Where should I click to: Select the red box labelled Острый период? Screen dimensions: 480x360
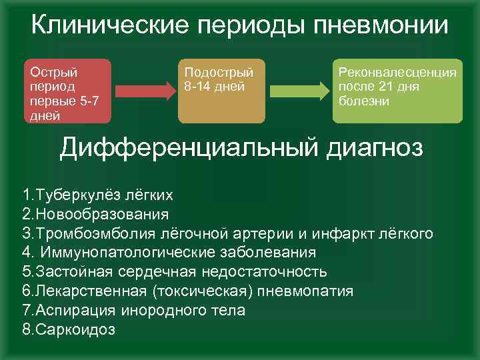point(67,92)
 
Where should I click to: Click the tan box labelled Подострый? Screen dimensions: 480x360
point(221,92)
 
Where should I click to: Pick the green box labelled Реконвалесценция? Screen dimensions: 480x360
point(397,92)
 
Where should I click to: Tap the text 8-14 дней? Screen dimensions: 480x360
point(215,86)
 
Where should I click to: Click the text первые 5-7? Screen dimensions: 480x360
point(60,100)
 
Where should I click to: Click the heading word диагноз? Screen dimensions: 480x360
point(376,147)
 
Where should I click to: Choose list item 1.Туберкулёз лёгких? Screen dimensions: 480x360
point(98,195)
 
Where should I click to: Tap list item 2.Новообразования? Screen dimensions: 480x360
point(95,215)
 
